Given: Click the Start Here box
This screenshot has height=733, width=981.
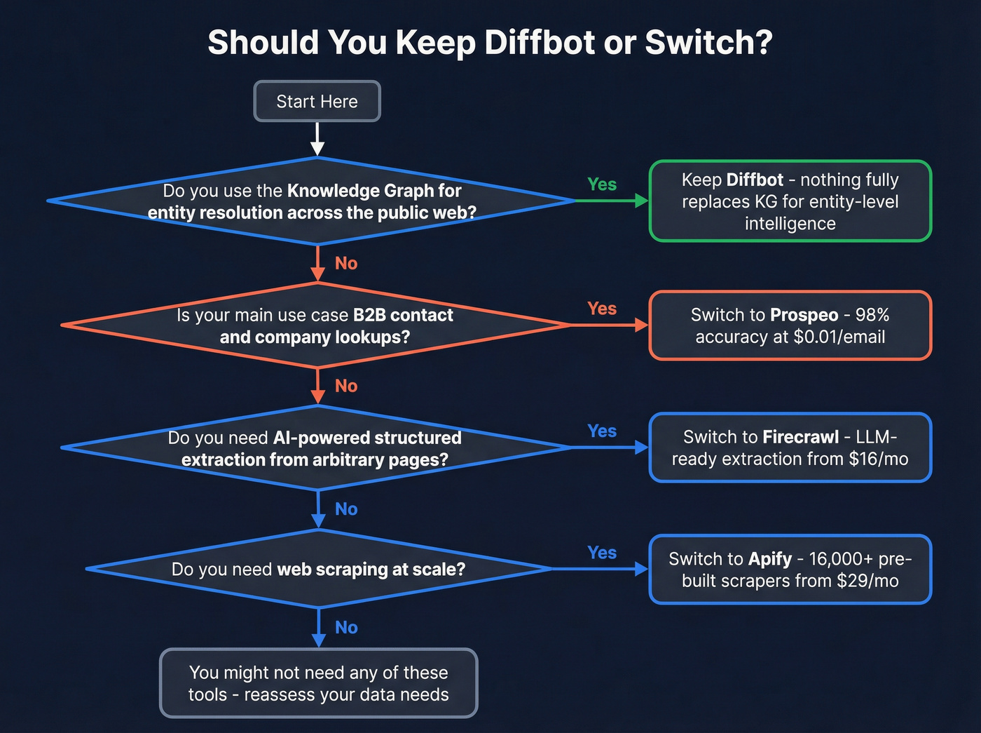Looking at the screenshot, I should [317, 102].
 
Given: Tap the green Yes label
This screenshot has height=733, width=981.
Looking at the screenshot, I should [601, 184].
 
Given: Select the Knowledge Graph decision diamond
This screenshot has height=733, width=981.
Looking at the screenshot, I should [312, 201].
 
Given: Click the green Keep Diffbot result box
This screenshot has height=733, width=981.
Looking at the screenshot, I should [790, 201].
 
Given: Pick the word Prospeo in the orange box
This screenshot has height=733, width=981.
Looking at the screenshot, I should [804, 315].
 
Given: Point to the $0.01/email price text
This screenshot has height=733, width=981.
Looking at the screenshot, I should [839, 337].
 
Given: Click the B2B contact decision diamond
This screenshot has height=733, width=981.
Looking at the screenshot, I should [315, 325].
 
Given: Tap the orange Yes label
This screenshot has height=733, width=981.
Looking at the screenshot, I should [601, 309].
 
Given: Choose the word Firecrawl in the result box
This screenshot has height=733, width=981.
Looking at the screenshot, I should [800, 437].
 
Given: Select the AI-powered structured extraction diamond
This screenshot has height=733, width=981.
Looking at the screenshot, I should [315, 448].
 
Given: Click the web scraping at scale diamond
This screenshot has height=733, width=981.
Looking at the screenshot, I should [318, 569].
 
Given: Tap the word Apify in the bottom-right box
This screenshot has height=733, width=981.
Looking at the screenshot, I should [769, 559].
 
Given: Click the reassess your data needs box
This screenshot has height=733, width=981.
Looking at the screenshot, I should [318, 683].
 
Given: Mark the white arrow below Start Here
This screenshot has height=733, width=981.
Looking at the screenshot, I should [317, 139].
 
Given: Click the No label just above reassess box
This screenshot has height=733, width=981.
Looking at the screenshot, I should [346, 627].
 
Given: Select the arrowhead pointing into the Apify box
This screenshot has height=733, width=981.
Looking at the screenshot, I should [641, 569].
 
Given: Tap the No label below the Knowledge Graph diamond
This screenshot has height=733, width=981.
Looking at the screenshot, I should [346, 263].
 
